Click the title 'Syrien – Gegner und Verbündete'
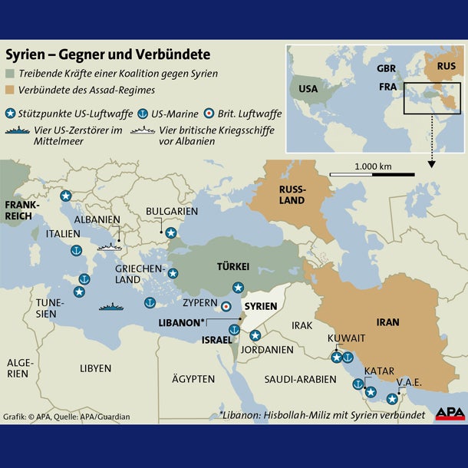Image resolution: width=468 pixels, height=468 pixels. coord(108,56)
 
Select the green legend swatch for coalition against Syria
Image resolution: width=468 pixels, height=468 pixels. coord(12,74)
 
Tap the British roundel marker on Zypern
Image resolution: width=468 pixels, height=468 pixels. coord(226,306)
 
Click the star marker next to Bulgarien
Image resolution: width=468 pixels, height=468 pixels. coord(171,232)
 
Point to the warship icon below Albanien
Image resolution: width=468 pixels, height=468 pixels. coord(110,247)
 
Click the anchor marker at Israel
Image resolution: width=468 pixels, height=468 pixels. coord(235,330)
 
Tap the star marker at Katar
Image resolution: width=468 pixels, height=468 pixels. coord(371,391)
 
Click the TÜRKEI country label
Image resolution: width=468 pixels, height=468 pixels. coord(233,265)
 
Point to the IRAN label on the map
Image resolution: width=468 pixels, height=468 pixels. coord(387,322)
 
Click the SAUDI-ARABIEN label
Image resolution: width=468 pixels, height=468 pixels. coord(300,379)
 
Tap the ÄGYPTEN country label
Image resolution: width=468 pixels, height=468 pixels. coord(193,379)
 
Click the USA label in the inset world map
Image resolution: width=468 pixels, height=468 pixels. coord(308,88)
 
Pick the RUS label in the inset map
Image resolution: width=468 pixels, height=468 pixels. coord(446,65)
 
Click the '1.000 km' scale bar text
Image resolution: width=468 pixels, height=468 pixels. coord(373,166)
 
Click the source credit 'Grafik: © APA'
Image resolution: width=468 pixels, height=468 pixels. coord(28,417)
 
